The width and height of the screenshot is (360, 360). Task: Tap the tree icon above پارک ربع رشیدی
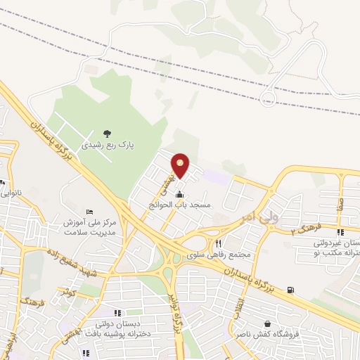click(106, 132)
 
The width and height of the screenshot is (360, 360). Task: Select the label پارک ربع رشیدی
click(106, 146)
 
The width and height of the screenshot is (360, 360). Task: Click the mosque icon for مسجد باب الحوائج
click(180, 194)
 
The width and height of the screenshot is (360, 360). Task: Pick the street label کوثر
click(67, 290)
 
